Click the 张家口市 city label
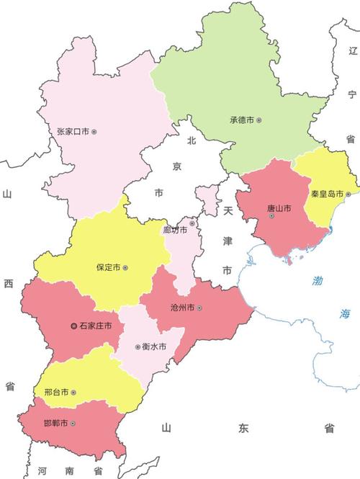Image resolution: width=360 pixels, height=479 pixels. click(x=72, y=132)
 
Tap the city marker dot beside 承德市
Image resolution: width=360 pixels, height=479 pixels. click(x=259, y=120)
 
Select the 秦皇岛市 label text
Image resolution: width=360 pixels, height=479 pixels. click(x=327, y=194)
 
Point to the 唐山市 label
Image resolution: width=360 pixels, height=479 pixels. click(x=279, y=209)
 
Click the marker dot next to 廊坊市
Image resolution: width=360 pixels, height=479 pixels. click(x=192, y=223)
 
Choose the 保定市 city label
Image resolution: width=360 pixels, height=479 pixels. click(x=108, y=267)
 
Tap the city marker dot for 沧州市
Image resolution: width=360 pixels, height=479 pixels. click(x=199, y=308)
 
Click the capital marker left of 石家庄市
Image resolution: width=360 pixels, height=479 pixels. click(x=73, y=326)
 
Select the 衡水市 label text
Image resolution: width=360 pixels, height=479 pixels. click(x=153, y=346)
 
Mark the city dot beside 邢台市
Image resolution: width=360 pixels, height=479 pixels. click(x=73, y=393)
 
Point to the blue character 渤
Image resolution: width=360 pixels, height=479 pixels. click(x=318, y=280)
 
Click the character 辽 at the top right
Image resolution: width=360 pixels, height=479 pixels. click(x=352, y=50)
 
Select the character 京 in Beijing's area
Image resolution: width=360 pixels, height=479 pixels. click(x=178, y=167)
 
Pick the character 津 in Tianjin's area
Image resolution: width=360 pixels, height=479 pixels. click(x=227, y=241)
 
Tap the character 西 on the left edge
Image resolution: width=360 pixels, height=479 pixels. click(x=9, y=285)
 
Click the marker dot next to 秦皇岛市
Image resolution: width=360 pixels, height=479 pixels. click(x=348, y=194)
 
